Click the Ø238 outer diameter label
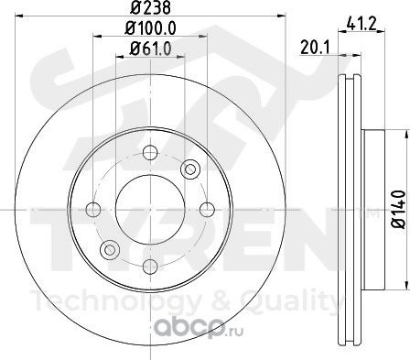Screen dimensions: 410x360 click(x=150, y=7)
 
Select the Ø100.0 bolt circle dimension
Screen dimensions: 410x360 click(x=150, y=28)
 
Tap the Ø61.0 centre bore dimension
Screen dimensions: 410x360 click(x=150, y=49)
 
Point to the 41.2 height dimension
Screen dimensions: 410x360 click(x=362, y=23)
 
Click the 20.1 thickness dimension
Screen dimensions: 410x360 click(x=316, y=48)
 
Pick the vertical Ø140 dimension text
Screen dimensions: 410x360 click(x=399, y=210)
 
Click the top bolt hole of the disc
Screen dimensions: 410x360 click(x=150, y=152)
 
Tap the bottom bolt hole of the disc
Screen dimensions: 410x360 click(x=150, y=267)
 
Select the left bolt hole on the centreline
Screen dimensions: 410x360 click(x=93, y=210)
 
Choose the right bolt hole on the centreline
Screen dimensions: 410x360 click(x=208, y=210)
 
